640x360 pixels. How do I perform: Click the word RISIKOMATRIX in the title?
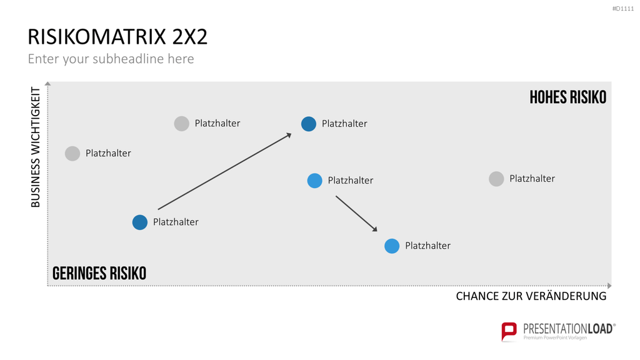coord(97,37)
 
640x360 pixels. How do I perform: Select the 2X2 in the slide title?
coord(190,37)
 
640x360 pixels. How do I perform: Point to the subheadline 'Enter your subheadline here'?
coord(111,59)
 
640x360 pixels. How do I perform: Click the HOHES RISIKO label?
coord(567,97)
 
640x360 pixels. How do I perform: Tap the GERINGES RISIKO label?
coord(99,274)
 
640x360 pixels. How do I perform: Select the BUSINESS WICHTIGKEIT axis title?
coord(36,147)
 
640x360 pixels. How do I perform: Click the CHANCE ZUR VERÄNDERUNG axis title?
coord(531,296)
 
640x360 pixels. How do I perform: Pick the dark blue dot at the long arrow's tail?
coord(139,222)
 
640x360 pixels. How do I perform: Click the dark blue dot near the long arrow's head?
coord(309,124)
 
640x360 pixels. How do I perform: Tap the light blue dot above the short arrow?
coord(315,181)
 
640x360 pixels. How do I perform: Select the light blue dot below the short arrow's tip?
coord(392,246)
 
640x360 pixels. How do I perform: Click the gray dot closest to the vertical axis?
coord(72,154)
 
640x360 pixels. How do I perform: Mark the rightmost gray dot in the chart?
coord(496,179)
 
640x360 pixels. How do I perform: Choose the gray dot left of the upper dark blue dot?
coord(182,123)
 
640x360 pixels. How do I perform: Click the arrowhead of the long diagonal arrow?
coord(289,135)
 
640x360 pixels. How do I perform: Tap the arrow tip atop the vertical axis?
coord(47,84)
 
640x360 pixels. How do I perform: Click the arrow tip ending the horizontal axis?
coord(609,286)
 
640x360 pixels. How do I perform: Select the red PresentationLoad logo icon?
coord(509,331)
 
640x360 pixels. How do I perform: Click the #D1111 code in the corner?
coord(623,9)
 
